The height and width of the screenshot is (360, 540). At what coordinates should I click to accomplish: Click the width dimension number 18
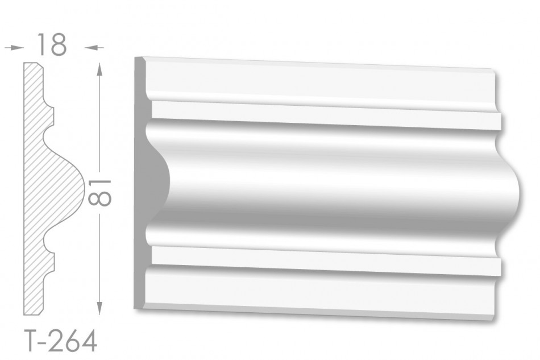(x=51, y=44)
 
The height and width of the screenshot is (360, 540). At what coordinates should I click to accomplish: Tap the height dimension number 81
(x=99, y=192)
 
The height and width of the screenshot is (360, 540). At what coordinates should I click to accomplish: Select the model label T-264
(x=61, y=341)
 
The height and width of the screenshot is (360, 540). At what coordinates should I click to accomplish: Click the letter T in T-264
(x=32, y=341)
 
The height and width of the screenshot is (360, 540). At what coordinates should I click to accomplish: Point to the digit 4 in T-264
(x=88, y=341)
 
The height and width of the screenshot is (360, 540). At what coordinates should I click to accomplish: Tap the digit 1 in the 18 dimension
(x=41, y=44)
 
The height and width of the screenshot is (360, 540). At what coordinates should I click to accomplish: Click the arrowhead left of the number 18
(x=19, y=48)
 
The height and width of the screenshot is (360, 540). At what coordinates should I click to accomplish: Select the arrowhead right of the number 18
(x=90, y=48)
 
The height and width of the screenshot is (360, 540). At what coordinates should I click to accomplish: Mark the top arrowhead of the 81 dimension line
(x=99, y=69)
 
